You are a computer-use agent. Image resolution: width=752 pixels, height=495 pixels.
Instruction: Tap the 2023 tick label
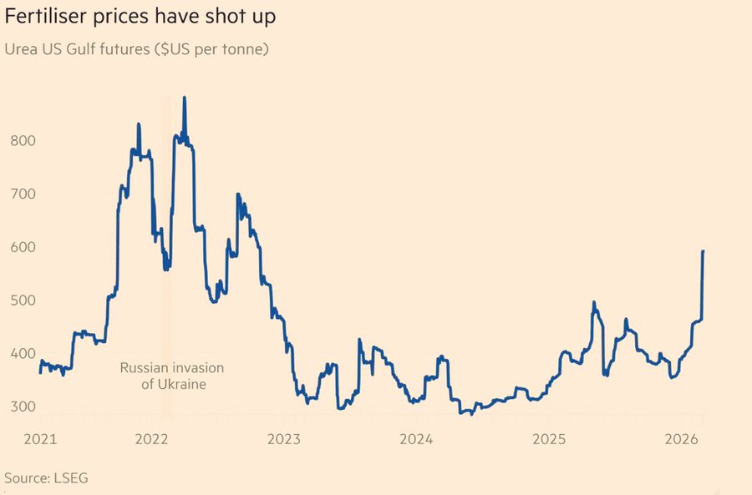coord(285,439)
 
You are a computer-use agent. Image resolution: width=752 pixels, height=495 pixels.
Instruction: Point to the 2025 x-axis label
coord(549,439)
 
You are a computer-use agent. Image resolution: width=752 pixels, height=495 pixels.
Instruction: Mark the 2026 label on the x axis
coord(680,439)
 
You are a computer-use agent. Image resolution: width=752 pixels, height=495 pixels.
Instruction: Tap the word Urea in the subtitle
coord(21,49)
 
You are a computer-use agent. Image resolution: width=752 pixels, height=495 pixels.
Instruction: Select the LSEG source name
coord(71,478)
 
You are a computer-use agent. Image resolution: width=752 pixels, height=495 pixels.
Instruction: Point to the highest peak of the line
coord(184,98)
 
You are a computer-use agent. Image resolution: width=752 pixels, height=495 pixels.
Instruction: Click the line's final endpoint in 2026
coord(703,251)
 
